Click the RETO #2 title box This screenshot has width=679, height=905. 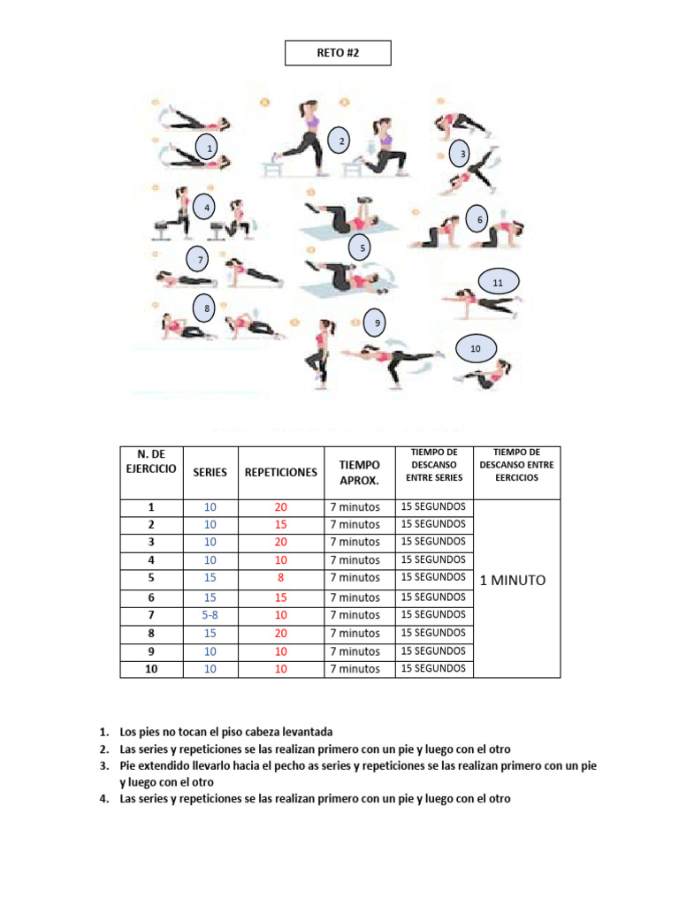tap(338, 53)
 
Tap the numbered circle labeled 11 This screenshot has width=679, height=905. tap(498, 282)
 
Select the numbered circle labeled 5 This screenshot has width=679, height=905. tap(362, 248)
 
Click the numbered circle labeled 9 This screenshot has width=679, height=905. tap(378, 323)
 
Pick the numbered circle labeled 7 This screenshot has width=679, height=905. tap(201, 260)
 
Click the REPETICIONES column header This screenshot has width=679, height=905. tap(280, 472)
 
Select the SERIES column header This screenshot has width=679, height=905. tap(210, 472)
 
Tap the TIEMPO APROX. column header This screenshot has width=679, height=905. tap(360, 472)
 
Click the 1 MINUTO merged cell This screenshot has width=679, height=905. tap(513, 581)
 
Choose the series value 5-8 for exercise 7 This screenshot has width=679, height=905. tap(210, 614)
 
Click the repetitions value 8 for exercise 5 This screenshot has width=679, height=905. tap(280, 577)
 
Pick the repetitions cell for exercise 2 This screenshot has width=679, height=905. tap(280, 524)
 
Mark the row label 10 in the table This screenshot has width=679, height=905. tap(151, 669)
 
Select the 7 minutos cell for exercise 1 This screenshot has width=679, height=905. tap(355, 507)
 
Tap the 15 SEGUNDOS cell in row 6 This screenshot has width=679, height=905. tap(433, 597)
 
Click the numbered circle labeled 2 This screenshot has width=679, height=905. tap(341, 141)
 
